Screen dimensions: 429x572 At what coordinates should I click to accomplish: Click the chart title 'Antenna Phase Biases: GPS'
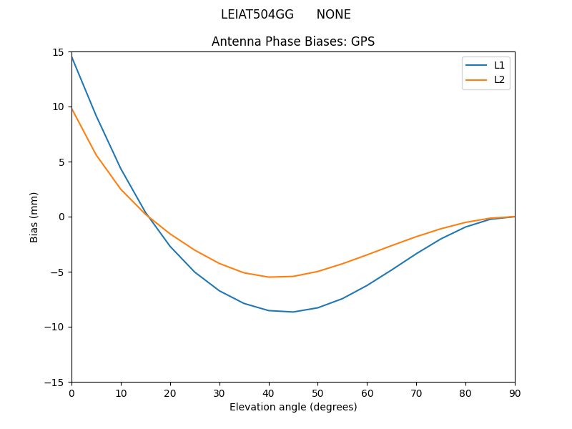pos(293,41)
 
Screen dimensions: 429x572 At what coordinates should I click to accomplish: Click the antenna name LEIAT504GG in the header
pos(257,14)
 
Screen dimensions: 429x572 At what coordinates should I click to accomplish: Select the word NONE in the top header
pos(333,14)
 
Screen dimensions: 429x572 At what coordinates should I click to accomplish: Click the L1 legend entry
pos(499,65)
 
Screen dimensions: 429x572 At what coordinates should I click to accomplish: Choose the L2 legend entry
pos(499,79)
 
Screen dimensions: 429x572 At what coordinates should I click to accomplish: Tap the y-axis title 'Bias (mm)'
pos(34,217)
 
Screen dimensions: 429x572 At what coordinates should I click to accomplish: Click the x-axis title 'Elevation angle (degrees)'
pos(293,407)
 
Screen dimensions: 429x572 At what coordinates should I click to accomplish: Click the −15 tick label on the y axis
pos(56,382)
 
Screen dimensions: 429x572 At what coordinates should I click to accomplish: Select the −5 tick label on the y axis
pos(58,272)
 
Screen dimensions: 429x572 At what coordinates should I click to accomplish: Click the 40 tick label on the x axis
pos(268,393)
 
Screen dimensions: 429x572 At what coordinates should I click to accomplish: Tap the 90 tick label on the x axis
pos(514,393)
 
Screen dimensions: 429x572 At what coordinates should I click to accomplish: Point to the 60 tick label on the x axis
pos(367,393)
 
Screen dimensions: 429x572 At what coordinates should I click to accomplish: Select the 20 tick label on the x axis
pos(170,393)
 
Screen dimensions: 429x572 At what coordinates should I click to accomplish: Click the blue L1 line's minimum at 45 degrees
pos(293,312)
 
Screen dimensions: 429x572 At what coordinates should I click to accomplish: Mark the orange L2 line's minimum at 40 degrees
pos(269,277)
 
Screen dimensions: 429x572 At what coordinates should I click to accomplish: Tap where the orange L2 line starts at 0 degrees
pos(72,109)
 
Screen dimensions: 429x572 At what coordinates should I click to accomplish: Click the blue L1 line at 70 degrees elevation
pos(416,254)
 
